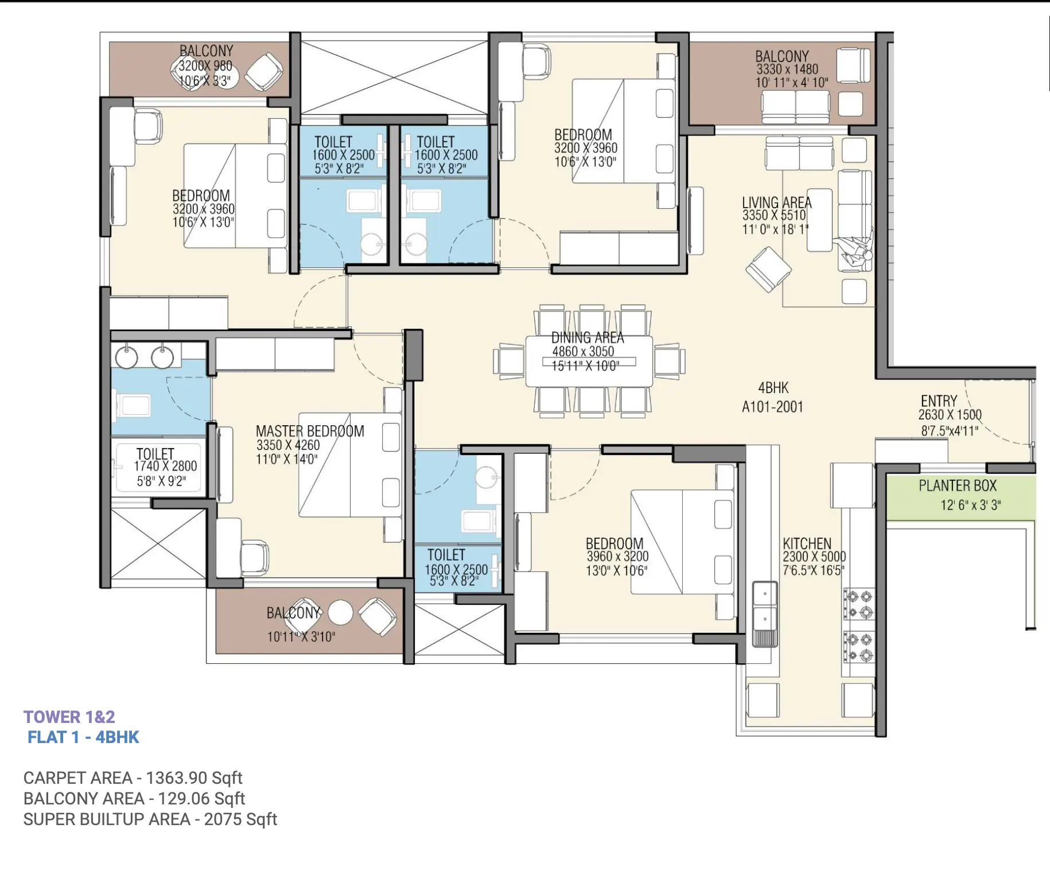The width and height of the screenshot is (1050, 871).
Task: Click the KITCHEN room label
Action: tap(807, 543)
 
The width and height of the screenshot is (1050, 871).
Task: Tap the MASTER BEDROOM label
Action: tap(310, 431)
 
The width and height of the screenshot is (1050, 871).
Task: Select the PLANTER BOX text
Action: tap(958, 485)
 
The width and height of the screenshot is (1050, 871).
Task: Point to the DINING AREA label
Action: tap(588, 337)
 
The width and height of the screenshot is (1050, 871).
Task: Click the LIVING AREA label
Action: tap(777, 203)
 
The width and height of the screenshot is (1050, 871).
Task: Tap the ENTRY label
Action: tap(939, 400)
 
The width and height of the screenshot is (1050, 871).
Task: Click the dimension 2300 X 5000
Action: tap(814, 557)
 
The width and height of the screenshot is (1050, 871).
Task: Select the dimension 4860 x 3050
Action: tap(583, 351)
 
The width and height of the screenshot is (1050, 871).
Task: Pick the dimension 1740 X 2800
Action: tap(165, 466)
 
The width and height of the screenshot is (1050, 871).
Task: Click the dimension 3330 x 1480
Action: tap(787, 69)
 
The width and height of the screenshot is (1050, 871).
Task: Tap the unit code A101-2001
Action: tap(772, 407)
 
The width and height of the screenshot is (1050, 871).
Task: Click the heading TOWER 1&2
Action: tap(69, 717)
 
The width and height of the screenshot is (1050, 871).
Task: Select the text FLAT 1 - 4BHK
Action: tap(83, 737)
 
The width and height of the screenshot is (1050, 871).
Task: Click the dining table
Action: tap(589, 360)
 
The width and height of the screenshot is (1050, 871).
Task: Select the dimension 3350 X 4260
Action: tap(288, 445)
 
